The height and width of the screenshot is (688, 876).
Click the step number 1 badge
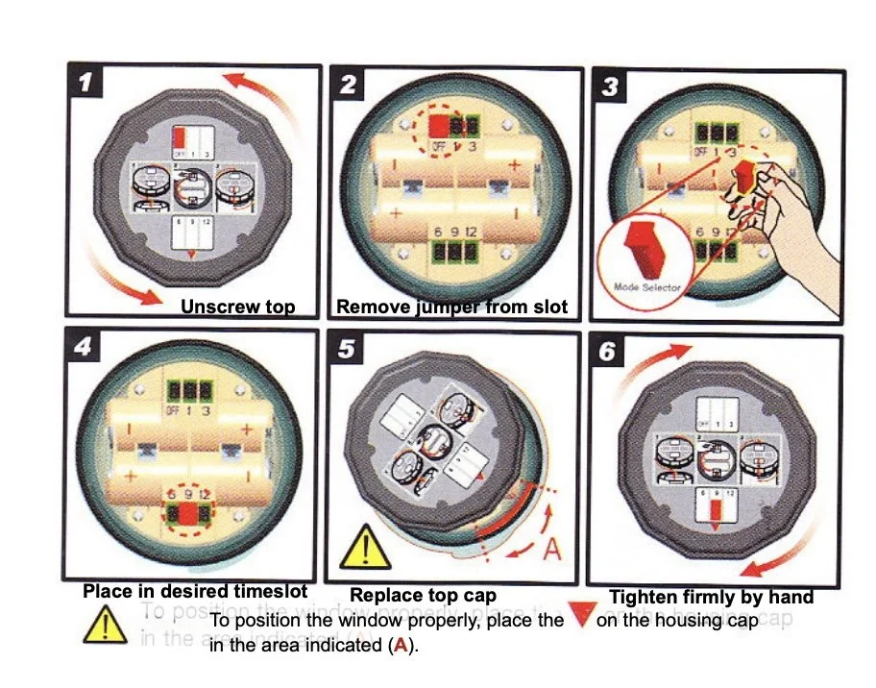coord(87,84)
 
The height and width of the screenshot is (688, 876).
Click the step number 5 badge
coord(347,351)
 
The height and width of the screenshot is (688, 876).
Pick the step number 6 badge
coord(607,353)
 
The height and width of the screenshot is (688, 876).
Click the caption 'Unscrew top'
coord(237,307)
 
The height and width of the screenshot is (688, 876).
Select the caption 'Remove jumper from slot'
coord(452,307)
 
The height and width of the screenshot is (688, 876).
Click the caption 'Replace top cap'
coord(423,596)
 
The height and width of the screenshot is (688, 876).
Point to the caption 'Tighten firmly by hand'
coord(711,597)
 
